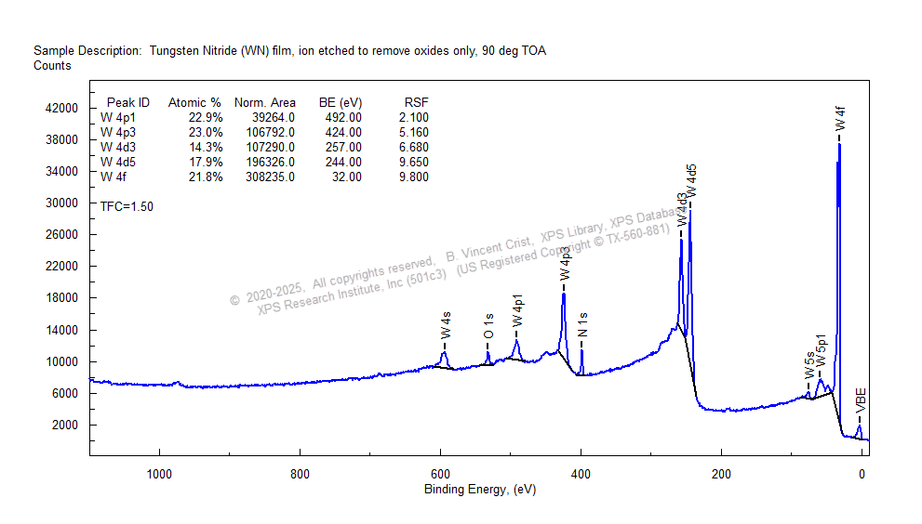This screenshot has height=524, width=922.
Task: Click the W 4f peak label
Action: tap(840, 120)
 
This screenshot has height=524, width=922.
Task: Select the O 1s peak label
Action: tap(488, 326)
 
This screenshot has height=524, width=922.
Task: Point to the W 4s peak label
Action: tap(447, 326)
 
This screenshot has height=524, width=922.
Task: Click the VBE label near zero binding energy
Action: tap(862, 400)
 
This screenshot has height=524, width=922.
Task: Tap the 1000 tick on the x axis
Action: tap(159, 474)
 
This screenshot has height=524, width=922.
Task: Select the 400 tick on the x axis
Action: tap(581, 474)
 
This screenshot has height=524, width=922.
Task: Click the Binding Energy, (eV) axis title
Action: tap(480, 490)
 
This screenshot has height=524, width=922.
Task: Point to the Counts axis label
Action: tap(52, 66)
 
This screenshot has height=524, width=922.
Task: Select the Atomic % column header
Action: tap(194, 102)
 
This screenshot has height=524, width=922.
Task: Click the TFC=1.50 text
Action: tap(127, 206)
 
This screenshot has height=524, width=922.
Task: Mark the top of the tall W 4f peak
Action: tap(839, 144)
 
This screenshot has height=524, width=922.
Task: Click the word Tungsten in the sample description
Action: tap(174, 50)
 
